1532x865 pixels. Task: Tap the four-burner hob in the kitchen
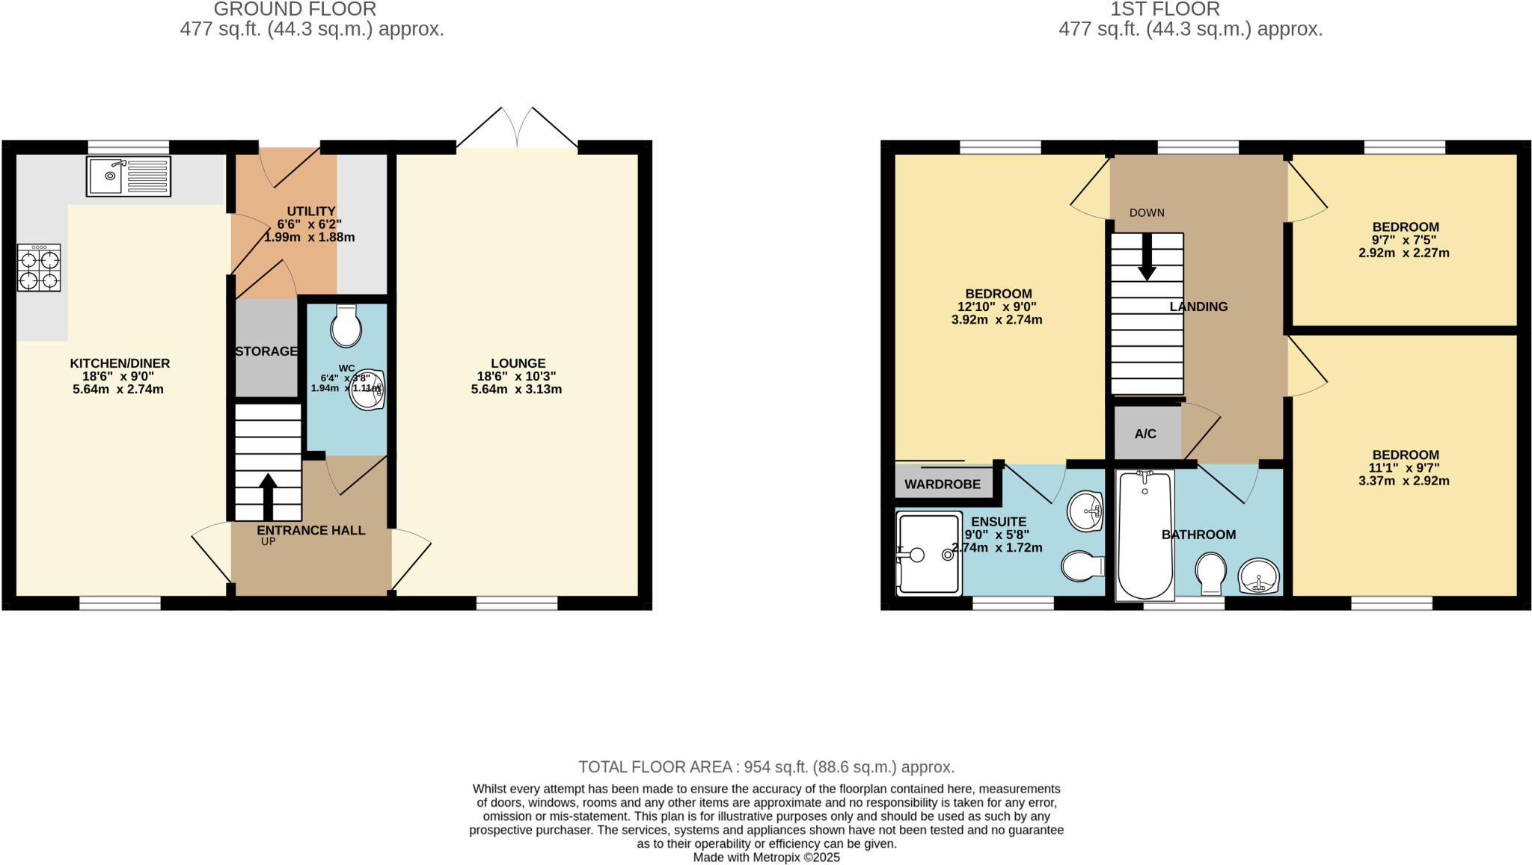39,269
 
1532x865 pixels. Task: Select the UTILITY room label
311,212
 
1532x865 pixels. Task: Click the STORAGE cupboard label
266,351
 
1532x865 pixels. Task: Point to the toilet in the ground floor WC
346,326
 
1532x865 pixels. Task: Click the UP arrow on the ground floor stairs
268,495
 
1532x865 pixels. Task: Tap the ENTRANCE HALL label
311,530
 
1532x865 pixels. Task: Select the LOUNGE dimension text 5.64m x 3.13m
516,390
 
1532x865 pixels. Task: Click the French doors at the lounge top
517,129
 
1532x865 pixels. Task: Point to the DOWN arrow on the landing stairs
1147,259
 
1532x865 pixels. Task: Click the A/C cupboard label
1145,434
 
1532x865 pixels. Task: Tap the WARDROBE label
942,484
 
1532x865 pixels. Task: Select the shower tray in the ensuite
928,553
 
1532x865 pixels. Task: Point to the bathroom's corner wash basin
1259,576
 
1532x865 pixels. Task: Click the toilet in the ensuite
1082,567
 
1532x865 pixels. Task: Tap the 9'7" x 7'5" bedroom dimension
1404,240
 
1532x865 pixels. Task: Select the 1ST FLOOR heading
1190,9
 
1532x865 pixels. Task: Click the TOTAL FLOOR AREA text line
766,767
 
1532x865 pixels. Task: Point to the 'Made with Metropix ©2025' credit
766,858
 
